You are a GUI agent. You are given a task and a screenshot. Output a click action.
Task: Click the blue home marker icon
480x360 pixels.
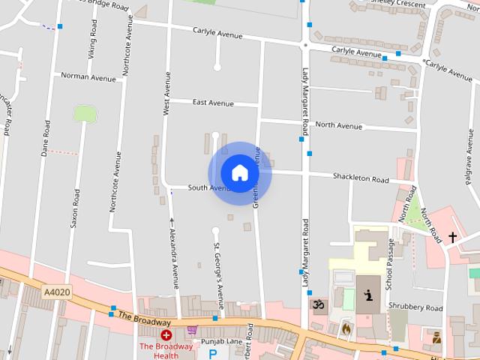pyautogui.click(x=239, y=172)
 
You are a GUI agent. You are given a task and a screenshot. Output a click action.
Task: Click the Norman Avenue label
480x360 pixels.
pyautogui.click(x=88, y=76)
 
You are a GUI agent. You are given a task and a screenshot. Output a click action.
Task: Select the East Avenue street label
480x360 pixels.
pyautogui.click(x=213, y=103)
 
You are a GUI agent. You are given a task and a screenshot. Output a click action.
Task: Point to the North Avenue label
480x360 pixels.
pyautogui.click(x=338, y=125)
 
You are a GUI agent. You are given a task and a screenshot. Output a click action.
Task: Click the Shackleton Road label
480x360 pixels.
pyautogui.click(x=361, y=179)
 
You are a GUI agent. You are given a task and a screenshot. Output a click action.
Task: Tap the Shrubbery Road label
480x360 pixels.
pyautogui.click(x=415, y=307)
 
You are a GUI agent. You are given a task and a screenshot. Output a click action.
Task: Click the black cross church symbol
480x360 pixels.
pyautogui.click(x=452, y=237)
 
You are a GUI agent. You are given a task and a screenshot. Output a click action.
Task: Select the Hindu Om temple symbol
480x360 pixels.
pyautogui.click(x=318, y=304)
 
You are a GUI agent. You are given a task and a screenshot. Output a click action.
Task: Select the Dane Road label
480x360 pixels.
pyautogui.click(x=46, y=138)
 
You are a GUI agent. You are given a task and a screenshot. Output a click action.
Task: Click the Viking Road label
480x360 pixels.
pyautogui.click(x=92, y=43)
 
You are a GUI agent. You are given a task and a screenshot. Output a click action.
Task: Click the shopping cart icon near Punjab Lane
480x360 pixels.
pyautogui.click(x=192, y=329)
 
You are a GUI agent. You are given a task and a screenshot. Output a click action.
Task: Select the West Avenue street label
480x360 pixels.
pyautogui.click(x=166, y=93)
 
